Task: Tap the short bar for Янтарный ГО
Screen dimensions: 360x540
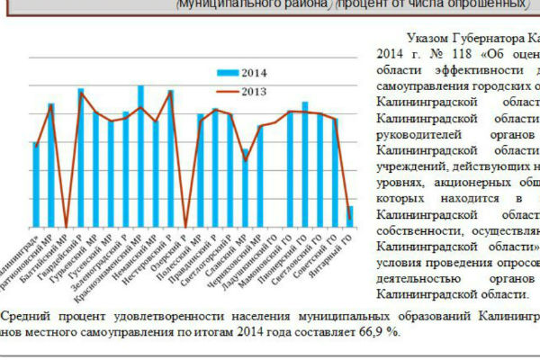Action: coord(349,217)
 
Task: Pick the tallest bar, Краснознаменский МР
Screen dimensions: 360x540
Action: coord(140,157)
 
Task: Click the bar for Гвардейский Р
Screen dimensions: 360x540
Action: coord(81,158)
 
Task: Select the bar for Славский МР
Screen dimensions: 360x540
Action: coord(245,188)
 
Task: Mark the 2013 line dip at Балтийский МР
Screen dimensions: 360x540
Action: coord(66,226)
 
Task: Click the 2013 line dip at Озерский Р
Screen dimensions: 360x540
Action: coord(185,226)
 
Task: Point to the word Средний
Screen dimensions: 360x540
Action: coord(29,317)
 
